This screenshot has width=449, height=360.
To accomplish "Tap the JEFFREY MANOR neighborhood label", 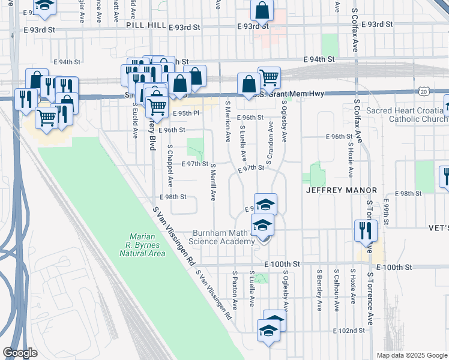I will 341,190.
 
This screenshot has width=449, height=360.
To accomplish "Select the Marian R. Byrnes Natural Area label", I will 142,245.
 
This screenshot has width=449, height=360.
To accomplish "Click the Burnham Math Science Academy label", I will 224,237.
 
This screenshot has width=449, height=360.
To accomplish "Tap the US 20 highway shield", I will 424,91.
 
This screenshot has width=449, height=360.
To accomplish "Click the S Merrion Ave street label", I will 228,121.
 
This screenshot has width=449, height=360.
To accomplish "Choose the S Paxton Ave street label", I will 234,289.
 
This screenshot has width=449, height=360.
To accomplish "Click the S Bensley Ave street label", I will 319,290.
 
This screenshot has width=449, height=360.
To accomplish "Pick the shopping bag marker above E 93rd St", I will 262,10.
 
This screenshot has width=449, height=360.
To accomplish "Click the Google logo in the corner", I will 20,353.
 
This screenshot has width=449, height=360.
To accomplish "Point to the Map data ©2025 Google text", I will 411,355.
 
